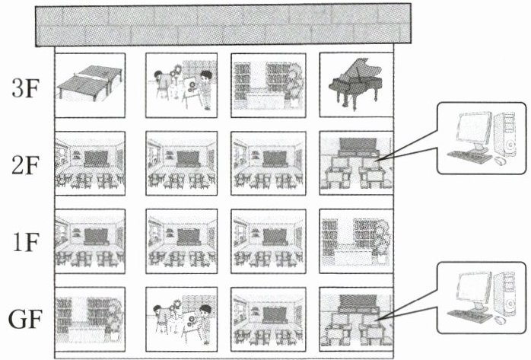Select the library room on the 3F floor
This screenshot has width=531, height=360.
coord(266,84)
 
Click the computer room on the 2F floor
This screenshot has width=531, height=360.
coord(355,162)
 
